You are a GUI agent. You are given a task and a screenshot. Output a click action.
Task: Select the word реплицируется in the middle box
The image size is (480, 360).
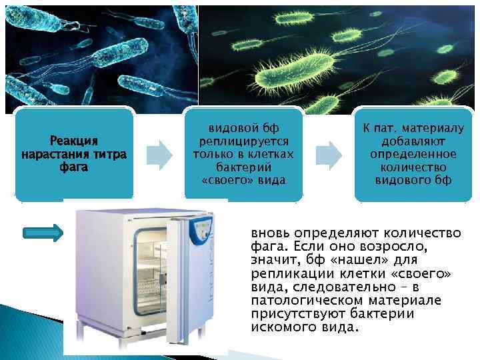pyautogui.click(x=243, y=142)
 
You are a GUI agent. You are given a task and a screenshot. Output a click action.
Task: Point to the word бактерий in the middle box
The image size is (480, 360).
pyautogui.click(x=243, y=167)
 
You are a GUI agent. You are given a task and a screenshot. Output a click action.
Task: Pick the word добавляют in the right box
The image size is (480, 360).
pyautogui.click(x=413, y=142)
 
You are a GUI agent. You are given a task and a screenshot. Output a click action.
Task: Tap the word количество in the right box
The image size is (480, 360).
pyautogui.click(x=413, y=167)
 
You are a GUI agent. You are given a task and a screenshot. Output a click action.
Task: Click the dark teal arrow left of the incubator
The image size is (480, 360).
pyautogui.click(x=43, y=233)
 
